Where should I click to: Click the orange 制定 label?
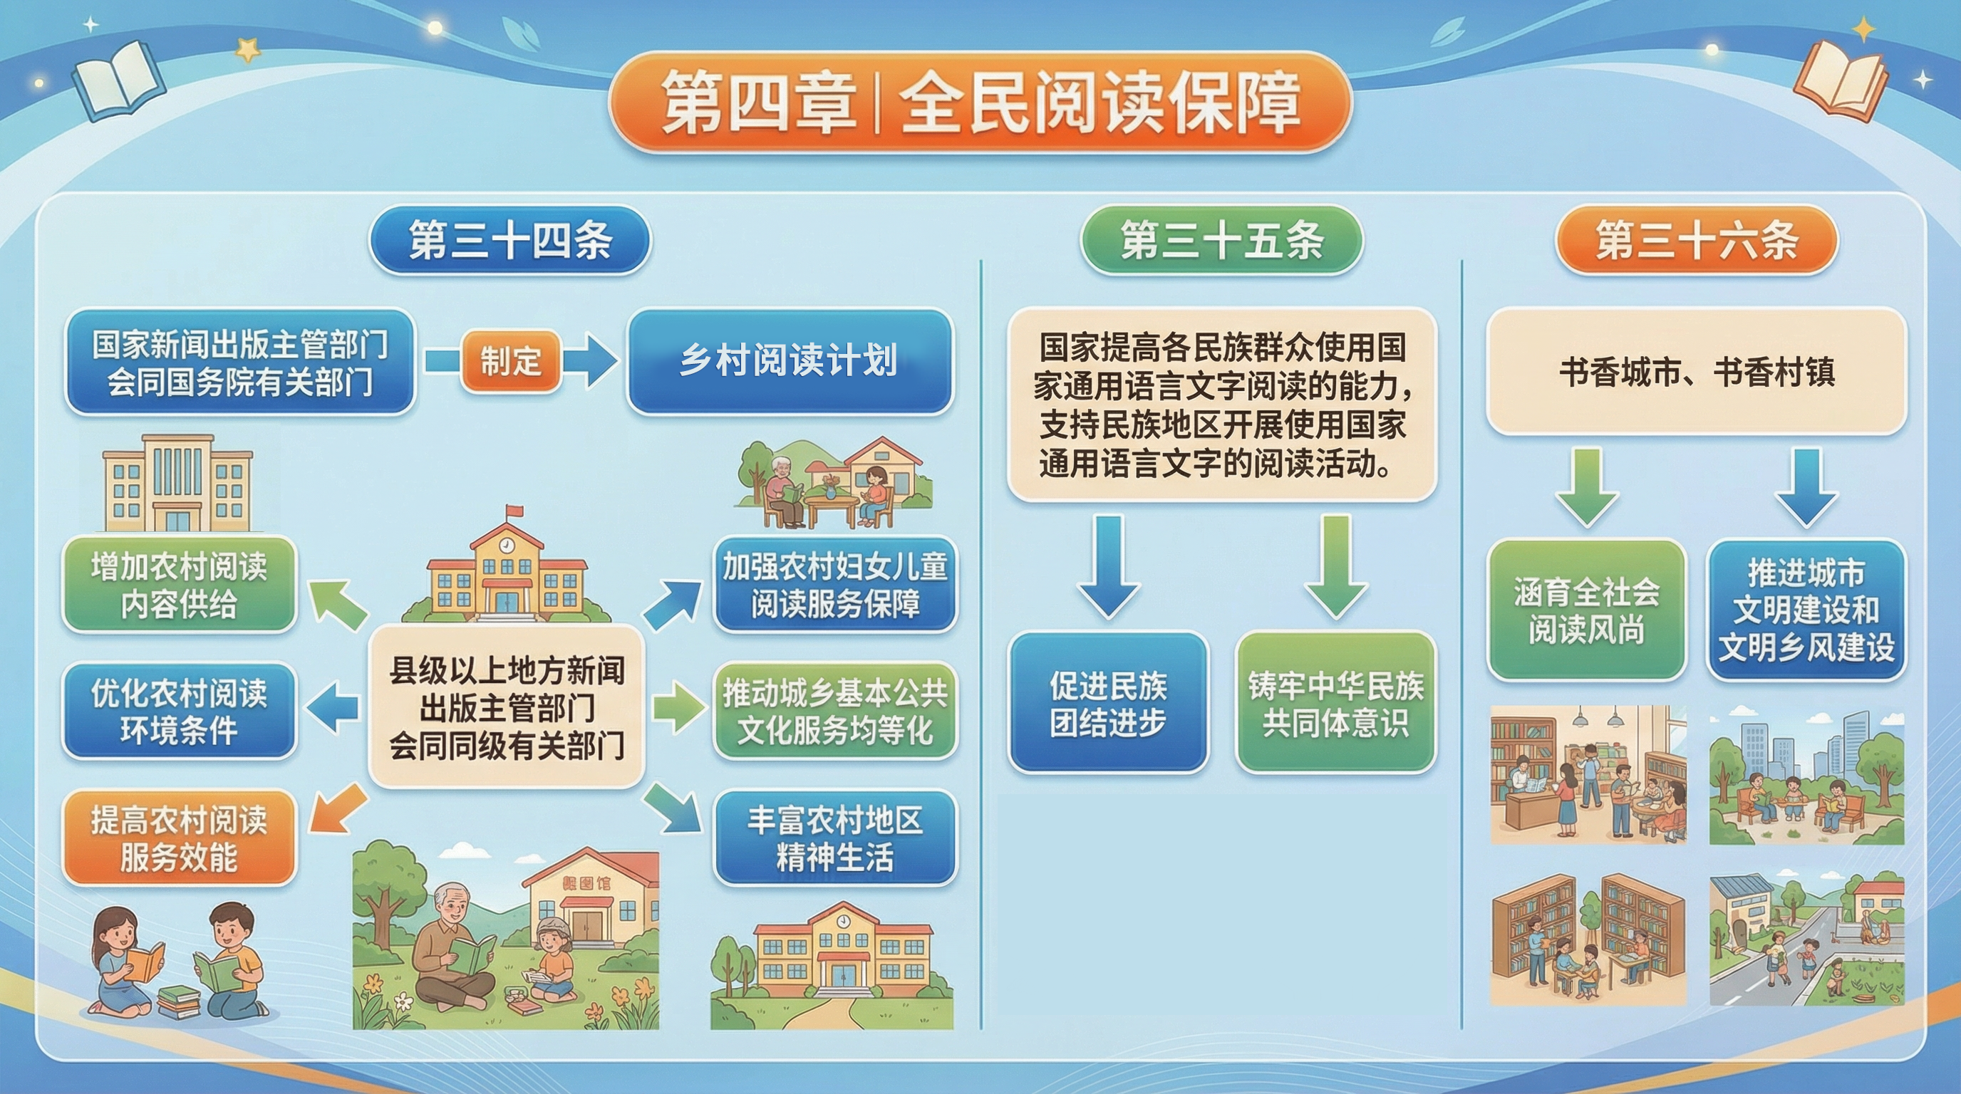[511, 360]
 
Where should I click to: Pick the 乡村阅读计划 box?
[790, 360]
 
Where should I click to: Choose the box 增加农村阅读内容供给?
[179, 585]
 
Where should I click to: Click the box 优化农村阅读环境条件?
[179, 712]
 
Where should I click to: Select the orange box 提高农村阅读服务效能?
[179, 838]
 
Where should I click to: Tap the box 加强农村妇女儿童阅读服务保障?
[835, 585]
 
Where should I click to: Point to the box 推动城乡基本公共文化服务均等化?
[835, 712]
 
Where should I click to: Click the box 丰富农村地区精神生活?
[835, 838]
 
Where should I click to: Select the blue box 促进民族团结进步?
[1108, 703]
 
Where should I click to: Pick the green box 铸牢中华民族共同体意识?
[1336, 703]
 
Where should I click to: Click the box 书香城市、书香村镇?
[1697, 371]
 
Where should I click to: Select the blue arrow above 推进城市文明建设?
[1806, 488]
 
